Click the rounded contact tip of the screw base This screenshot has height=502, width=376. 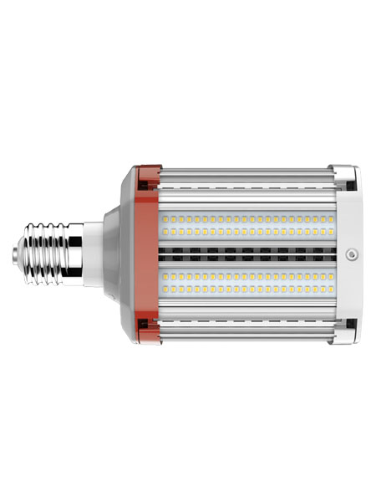tap(18, 251)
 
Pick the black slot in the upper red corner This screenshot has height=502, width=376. tap(143, 178)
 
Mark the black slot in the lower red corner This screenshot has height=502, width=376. tap(143, 323)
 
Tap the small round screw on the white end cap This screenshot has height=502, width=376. tap(352, 252)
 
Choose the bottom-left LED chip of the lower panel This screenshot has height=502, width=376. tap(164, 288)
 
